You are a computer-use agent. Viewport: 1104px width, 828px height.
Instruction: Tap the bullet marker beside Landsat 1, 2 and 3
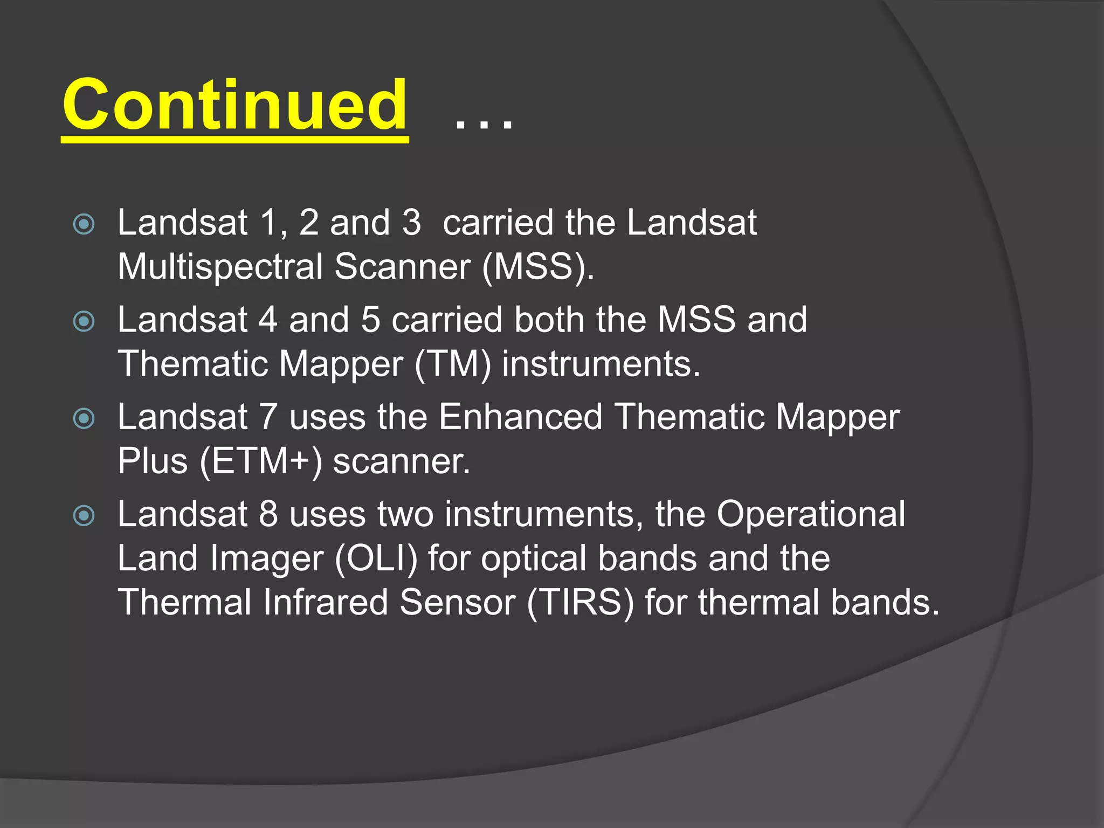click(x=84, y=224)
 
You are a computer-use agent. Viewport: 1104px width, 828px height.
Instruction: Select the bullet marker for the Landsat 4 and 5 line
click(x=84, y=321)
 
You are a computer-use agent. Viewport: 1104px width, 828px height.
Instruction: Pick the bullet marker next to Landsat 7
click(x=84, y=418)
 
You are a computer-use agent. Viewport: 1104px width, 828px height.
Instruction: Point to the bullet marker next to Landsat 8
click(x=84, y=516)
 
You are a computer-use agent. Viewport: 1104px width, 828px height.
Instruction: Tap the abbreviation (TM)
click(x=453, y=364)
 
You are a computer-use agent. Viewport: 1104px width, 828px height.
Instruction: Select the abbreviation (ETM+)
click(x=260, y=462)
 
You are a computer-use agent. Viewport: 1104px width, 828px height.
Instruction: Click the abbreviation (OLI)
click(x=376, y=559)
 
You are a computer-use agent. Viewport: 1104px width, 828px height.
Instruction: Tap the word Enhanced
click(x=520, y=417)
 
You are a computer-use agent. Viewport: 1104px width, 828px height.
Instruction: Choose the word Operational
click(x=811, y=515)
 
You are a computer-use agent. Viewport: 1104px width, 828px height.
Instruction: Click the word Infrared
click(x=325, y=602)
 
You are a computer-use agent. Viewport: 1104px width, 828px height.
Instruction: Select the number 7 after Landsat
click(x=268, y=417)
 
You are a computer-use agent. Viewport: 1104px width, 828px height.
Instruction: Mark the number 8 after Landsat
click(x=268, y=515)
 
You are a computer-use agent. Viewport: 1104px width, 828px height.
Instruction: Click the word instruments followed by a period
click(x=600, y=364)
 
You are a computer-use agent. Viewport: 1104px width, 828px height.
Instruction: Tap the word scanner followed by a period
click(x=401, y=462)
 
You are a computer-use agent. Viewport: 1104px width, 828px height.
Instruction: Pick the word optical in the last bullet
click(x=533, y=559)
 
